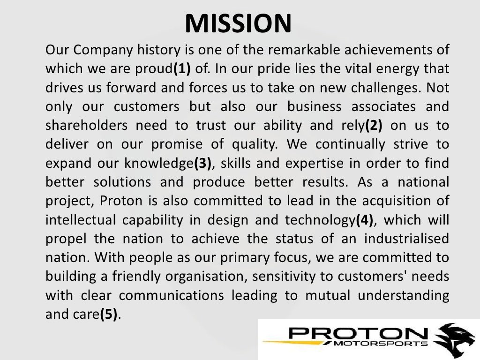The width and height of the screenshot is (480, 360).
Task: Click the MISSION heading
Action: pos(238,23)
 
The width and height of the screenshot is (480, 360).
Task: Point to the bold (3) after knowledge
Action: pos(202,164)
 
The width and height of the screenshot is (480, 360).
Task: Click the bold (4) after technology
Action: pos(364,220)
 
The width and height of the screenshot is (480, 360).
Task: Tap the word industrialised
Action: pos(403,239)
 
